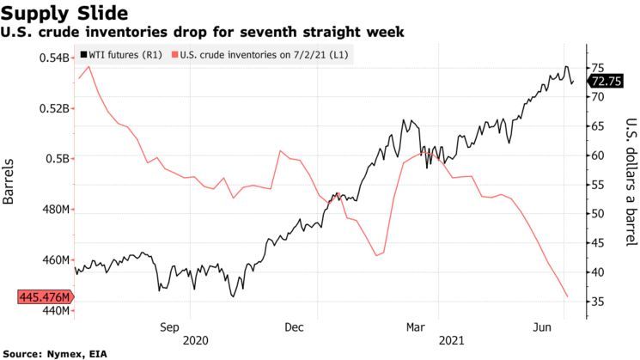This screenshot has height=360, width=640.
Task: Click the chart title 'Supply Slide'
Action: (x=65, y=13)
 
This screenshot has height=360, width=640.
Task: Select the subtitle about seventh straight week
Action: (x=204, y=32)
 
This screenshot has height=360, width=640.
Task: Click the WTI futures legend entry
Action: (x=123, y=54)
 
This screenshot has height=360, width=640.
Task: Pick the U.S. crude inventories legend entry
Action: (x=264, y=54)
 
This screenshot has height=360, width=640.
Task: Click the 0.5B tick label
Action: (x=58, y=159)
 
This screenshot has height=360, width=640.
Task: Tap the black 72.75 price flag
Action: (x=606, y=81)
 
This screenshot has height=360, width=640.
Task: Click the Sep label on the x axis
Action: (x=168, y=326)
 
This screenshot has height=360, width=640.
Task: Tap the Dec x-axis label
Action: (x=294, y=326)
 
